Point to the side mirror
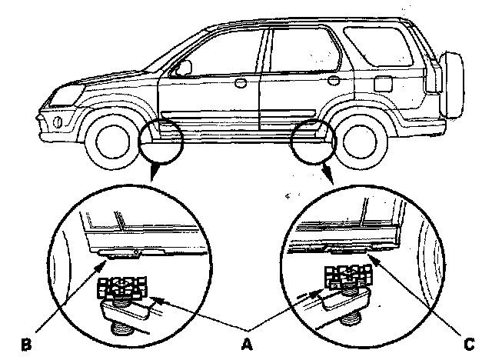[183, 68]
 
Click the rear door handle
[332, 78]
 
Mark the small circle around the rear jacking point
[314, 141]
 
